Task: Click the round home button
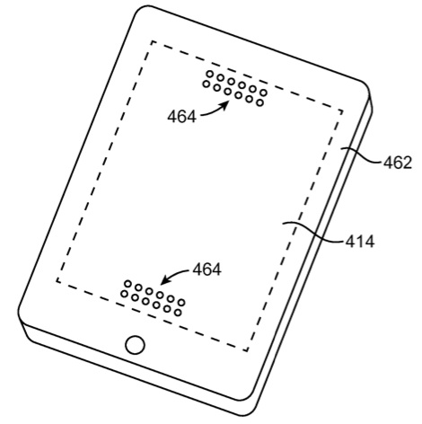click(135, 345)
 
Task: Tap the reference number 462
click(398, 163)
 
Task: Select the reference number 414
click(360, 242)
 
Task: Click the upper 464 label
click(182, 117)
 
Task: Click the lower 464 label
click(207, 269)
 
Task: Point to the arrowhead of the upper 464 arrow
click(226, 105)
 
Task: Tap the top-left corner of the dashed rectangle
click(153, 41)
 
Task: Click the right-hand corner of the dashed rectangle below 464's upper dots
click(342, 111)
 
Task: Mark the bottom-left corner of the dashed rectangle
click(57, 281)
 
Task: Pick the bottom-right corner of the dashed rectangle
click(247, 350)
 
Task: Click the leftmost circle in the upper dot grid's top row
click(210, 74)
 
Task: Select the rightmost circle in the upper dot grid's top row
click(263, 93)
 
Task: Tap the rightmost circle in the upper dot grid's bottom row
click(260, 103)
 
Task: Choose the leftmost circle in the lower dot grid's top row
click(127, 284)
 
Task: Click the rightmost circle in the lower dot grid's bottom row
click(178, 313)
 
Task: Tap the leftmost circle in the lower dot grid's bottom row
click(124, 294)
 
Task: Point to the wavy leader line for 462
click(362, 155)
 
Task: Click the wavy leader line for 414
click(313, 232)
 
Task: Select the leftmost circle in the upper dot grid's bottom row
click(206, 84)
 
